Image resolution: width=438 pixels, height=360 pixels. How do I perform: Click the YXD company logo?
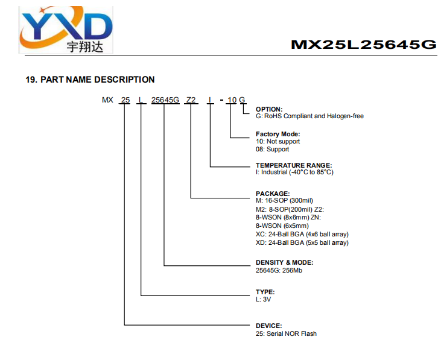pos(66,30)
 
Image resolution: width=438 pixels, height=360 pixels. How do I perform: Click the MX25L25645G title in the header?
pos(363,45)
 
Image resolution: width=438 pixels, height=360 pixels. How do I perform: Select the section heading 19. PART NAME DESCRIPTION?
pos(90,80)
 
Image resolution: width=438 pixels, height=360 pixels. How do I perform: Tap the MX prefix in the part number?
pos(107,100)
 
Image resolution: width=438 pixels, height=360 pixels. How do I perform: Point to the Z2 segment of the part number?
pos(191,100)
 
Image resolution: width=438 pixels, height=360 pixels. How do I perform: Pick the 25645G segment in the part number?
pos(165,100)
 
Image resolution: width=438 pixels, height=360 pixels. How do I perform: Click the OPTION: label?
pos(269,109)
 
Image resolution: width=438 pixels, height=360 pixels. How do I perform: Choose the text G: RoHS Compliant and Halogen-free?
pos(309,116)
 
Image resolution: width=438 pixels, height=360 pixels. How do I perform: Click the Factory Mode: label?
pos(278,134)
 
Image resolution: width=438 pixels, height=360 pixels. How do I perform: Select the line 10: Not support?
pos(278,141)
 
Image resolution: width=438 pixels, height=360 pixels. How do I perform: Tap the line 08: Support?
pos(272,149)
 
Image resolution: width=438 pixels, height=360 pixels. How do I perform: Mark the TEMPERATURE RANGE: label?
pos(294,165)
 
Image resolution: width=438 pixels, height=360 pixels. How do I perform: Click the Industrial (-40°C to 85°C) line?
pos(294,172)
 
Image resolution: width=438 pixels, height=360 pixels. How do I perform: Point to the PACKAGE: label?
pos(273,194)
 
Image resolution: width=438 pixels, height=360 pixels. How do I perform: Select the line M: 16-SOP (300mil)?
pos(284,201)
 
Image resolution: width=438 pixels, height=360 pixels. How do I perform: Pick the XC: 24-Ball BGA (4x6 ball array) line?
pos(302,235)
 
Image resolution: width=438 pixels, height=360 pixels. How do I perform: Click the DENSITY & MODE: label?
pos(284,262)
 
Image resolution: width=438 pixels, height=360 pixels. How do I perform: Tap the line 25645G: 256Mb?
pos(279,270)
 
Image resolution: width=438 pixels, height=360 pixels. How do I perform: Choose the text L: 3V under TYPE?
pos(263,299)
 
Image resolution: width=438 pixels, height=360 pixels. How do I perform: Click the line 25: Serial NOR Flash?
pos(286,333)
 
